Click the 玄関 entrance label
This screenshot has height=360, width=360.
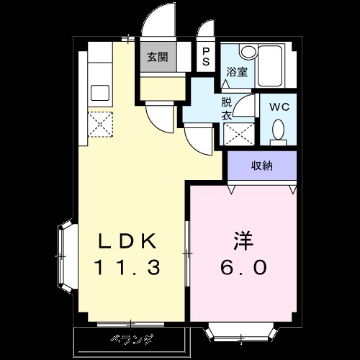point(158,57)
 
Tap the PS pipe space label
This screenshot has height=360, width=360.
point(206,56)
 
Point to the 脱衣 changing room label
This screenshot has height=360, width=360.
point(227,107)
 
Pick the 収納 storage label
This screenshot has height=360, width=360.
point(261,166)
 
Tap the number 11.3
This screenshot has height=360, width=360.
point(127,267)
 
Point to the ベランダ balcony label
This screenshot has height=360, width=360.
point(131,338)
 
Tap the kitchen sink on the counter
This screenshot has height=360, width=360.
point(99,94)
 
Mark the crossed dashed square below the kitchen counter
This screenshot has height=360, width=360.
point(99,124)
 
